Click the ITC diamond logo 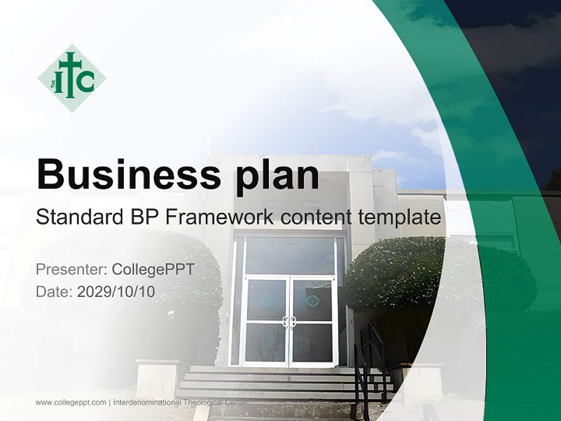(x=72, y=78)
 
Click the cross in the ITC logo (x=70, y=76)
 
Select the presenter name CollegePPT (x=153, y=270)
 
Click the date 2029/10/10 (x=116, y=292)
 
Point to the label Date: (x=54, y=292)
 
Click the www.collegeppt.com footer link (x=71, y=402)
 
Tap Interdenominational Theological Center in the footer (x=180, y=402)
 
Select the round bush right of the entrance (x=403, y=275)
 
